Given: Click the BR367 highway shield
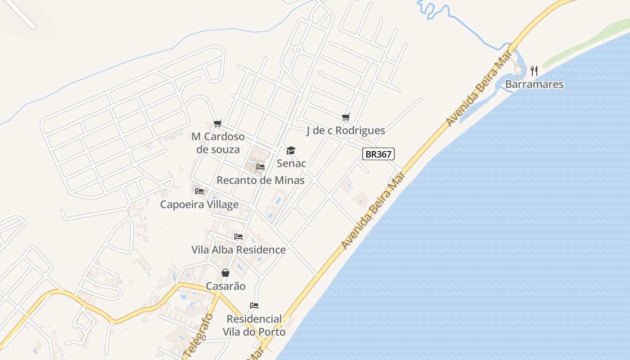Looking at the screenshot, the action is click(378, 154).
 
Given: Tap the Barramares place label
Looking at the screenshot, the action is click(534, 84).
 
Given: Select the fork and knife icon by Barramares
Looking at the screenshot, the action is click(534, 71).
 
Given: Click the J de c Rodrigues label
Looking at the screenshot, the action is click(346, 130).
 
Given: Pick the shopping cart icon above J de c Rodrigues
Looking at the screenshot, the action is click(346, 117).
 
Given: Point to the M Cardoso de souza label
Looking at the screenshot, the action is click(218, 143).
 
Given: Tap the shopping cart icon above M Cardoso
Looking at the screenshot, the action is click(218, 123).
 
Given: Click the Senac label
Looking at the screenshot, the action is click(291, 163).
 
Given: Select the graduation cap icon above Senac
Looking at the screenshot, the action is click(291, 150).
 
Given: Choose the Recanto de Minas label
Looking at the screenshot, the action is click(261, 180).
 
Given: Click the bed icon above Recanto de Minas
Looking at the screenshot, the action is click(260, 167).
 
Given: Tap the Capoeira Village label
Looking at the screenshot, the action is click(199, 205).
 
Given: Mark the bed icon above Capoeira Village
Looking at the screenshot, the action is click(199, 191).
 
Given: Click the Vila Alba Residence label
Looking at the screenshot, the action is click(238, 250).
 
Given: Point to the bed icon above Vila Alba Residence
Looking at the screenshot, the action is click(238, 236).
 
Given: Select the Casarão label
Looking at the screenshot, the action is click(225, 286).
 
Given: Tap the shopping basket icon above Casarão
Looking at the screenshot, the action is click(225, 273).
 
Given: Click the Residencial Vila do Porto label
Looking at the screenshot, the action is click(254, 325).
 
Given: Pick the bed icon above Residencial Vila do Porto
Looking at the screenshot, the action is click(254, 306).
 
